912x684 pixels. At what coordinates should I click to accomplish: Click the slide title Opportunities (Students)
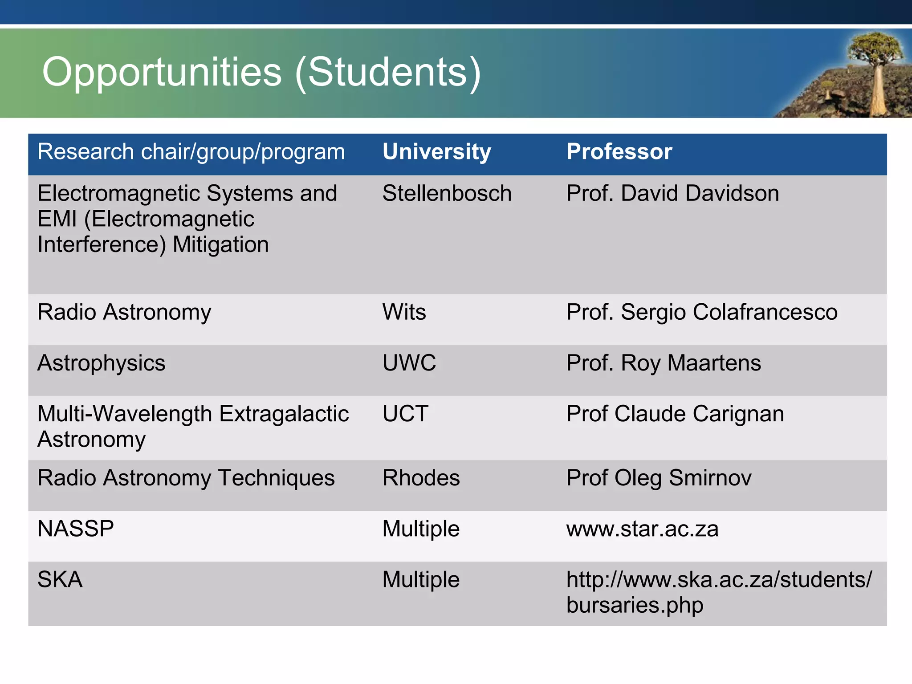261,73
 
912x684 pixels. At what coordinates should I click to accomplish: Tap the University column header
436,152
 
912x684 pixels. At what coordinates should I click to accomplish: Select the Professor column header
619,152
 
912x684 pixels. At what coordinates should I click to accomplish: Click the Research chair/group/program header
191,152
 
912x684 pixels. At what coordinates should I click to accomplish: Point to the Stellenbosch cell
447,194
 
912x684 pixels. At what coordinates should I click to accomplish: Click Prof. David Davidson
672,194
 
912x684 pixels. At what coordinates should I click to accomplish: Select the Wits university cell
404,312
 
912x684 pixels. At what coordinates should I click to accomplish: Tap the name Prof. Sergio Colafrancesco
702,312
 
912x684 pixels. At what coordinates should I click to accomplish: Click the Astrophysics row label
102,363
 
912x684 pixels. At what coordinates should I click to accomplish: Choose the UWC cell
409,363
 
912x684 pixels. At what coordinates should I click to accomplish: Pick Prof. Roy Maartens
664,363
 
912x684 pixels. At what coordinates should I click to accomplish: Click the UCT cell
405,414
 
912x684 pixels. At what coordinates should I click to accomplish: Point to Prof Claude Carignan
675,414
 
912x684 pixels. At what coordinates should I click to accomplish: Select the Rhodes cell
421,478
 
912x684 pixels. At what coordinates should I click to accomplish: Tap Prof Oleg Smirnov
659,478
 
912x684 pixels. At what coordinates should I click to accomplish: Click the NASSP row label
76,529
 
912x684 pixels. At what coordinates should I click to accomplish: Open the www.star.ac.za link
642,529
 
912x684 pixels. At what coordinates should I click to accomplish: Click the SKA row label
60,580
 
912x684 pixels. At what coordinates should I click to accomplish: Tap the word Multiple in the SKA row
421,580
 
